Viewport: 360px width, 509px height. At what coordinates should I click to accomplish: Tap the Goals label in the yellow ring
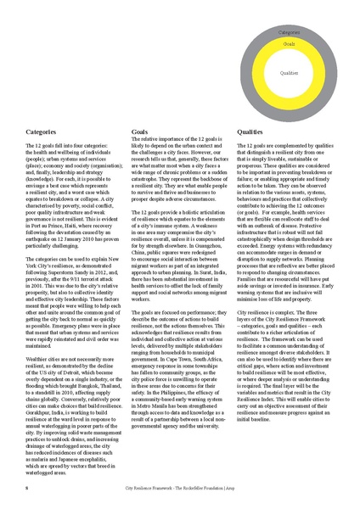[x=289, y=42]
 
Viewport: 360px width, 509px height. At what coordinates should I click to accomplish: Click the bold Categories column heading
[x=42, y=132]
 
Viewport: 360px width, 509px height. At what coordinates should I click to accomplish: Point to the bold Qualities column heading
[x=250, y=132]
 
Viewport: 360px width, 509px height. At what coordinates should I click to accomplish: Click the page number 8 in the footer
[x=27, y=489]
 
